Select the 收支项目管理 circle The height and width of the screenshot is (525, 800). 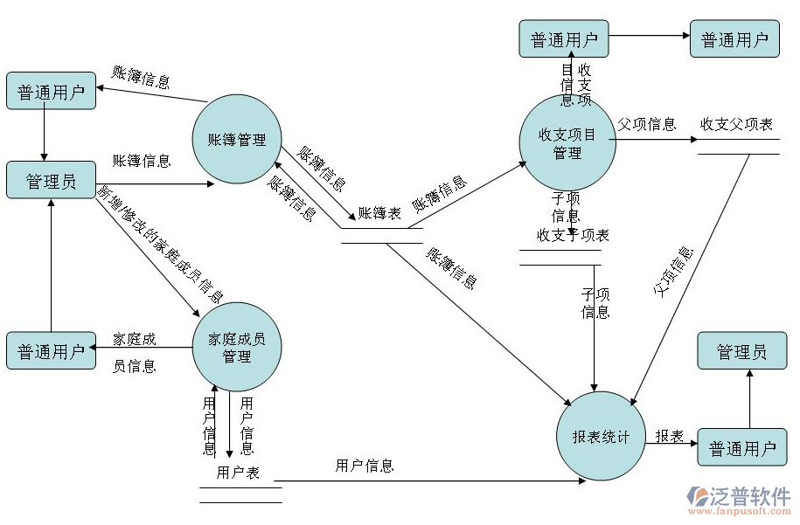tap(567, 143)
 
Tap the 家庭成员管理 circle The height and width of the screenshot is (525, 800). tap(237, 347)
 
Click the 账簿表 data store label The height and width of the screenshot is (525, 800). tap(379, 213)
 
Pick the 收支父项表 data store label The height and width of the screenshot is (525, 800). tap(736, 125)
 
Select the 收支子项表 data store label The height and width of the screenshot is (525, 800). tap(573, 235)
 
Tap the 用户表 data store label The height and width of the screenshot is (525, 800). tap(239, 473)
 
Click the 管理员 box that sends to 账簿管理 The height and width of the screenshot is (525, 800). tap(51, 181)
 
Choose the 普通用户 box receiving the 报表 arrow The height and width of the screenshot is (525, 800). tap(741, 448)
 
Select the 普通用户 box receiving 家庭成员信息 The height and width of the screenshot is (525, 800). tap(51, 351)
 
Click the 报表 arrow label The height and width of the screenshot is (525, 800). tap(670, 435)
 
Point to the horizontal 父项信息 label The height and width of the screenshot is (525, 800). tap(647, 124)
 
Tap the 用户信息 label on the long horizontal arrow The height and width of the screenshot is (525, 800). tap(365, 466)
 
